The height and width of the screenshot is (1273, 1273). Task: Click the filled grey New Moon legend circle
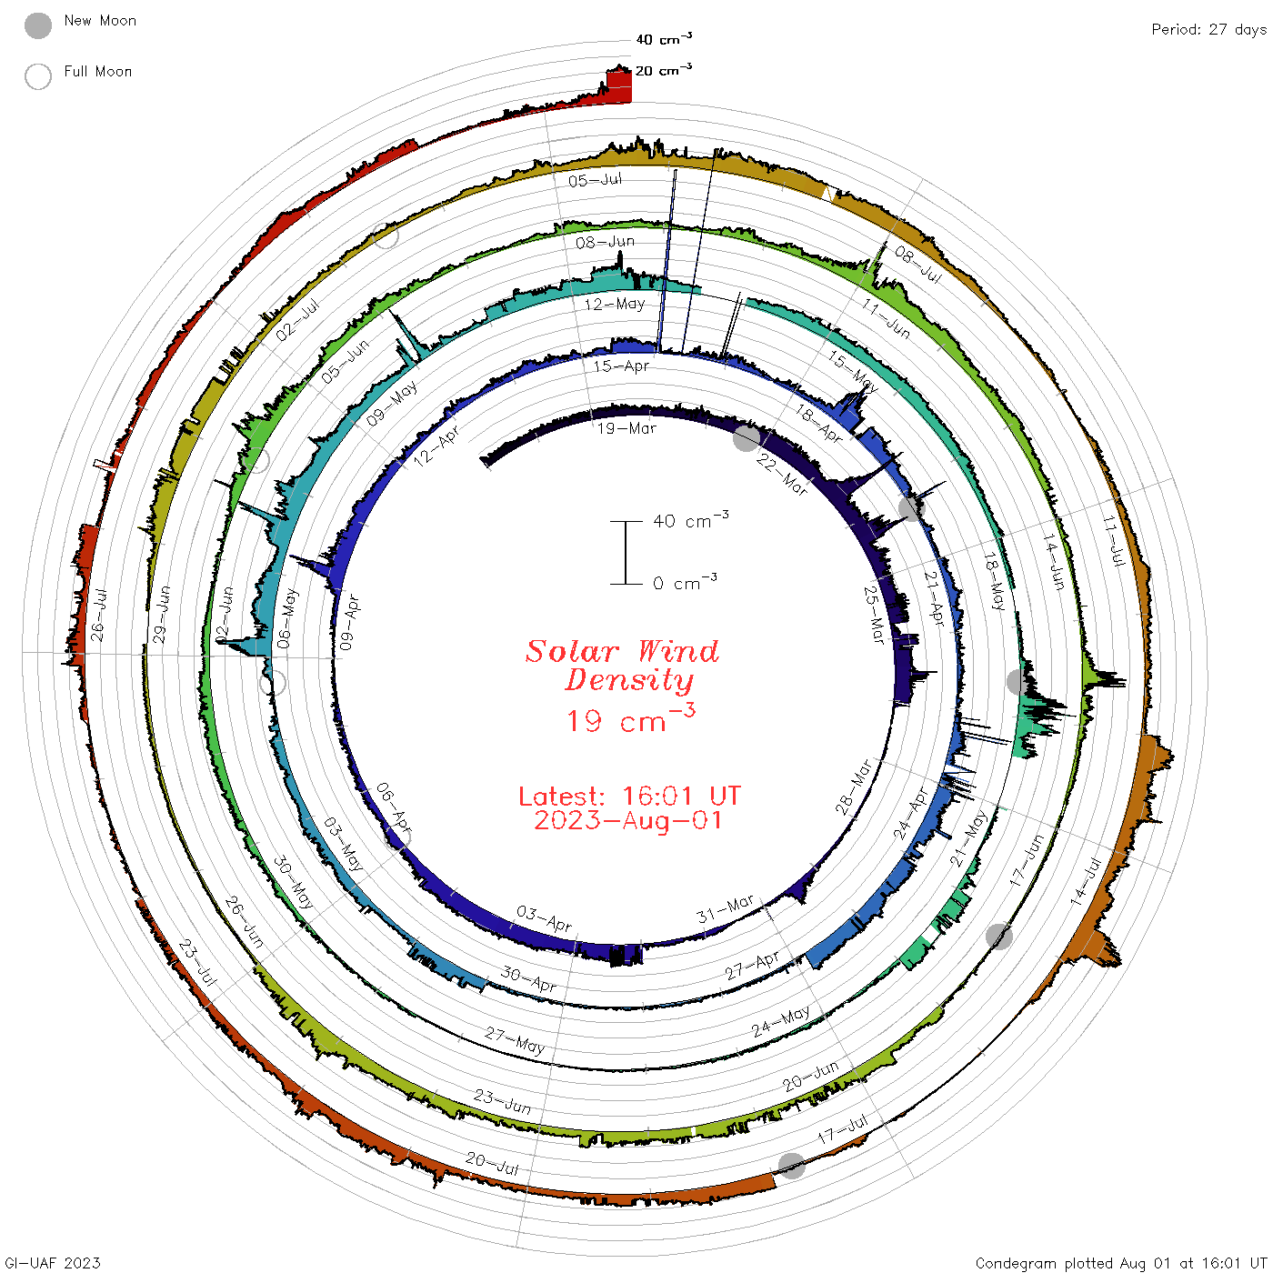pyautogui.click(x=37, y=25)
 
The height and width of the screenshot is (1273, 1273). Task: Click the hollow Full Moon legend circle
pyautogui.click(x=37, y=76)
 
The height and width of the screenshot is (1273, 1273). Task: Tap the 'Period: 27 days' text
pyautogui.click(x=1209, y=30)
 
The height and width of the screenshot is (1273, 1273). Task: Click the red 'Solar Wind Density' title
pyautogui.click(x=622, y=666)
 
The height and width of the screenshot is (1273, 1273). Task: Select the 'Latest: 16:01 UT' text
pyautogui.click(x=629, y=796)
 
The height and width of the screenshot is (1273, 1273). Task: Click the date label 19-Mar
pyautogui.click(x=626, y=429)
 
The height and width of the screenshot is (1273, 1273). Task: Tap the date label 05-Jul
pyautogui.click(x=596, y=180)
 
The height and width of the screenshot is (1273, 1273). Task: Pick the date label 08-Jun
pyautogui.click(x=605, y=242)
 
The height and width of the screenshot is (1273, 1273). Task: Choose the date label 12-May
pyautogui.click(x=615, y=304)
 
